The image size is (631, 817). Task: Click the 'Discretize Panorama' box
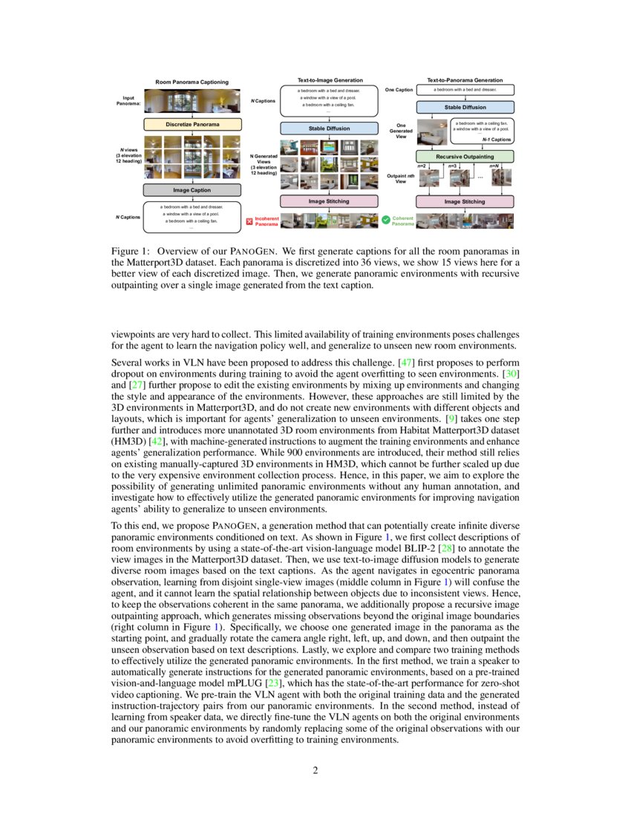point(192,124)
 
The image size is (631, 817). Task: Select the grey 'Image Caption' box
point(192,190)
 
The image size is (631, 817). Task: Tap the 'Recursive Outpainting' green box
point(464,157)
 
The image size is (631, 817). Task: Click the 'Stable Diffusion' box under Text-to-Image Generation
point(329,128)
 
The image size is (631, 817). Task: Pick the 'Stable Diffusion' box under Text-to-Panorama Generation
point(464,107)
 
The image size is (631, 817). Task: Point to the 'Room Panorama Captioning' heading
point(192,82)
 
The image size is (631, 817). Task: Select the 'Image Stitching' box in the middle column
point(329,201)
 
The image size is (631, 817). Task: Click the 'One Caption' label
point(399,90)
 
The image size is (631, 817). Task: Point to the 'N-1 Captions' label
point(495,139)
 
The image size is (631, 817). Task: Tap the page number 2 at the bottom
point(315,770)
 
